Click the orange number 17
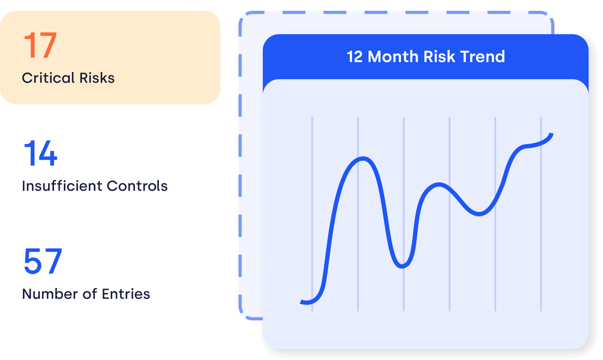coord(40,45)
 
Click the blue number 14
coord(40,153)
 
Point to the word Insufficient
coord(62,186)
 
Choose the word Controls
coord(137,186)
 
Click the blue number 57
coord(43,261)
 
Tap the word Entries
coord(126,294)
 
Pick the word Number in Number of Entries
coord(50,294)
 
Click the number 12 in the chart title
coord(355,57)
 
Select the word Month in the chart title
coord(393,57)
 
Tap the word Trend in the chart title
coord(483,57)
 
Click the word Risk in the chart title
coord(439,57)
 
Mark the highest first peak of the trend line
coord(363,158)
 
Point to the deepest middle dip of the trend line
coord(402,266)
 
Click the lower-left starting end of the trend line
coord(301,302)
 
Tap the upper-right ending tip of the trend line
coord(552,134)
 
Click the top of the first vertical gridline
coord(312,117)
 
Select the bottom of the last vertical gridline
coord(541,310)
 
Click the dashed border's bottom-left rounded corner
coord(243,315)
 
